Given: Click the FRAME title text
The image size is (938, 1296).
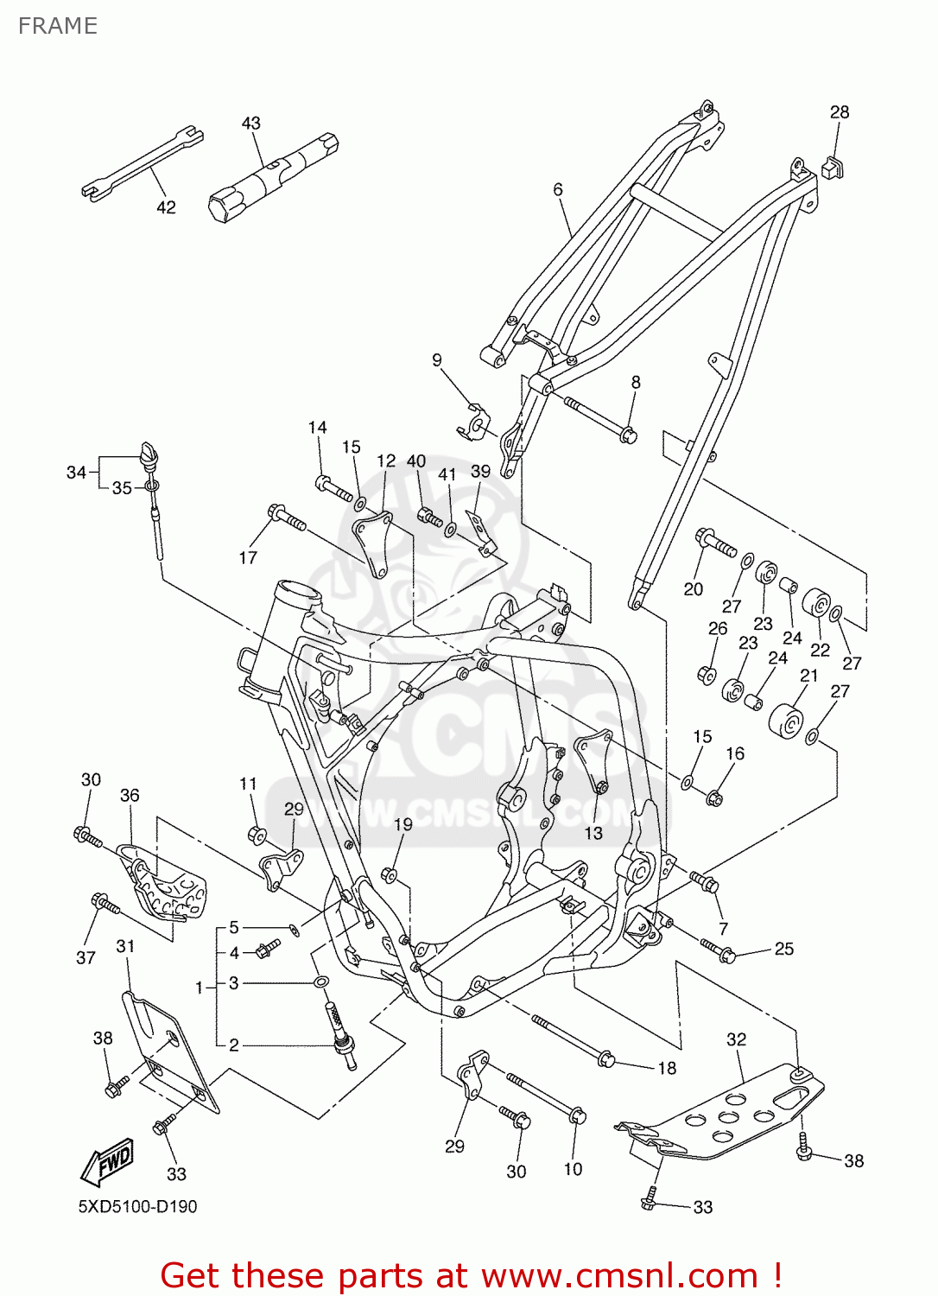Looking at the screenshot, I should click(57, 26).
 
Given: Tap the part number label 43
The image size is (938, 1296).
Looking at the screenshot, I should click(251, 124).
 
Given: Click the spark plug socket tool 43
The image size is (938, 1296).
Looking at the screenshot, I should click(272, 176).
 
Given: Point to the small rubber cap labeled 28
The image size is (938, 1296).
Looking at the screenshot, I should click(832, 166).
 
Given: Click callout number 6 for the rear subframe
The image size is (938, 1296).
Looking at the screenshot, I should click(558, 189).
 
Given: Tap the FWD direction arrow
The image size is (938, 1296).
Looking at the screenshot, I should click(107, 1162).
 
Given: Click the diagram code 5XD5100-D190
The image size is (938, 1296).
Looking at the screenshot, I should click(137, 1206).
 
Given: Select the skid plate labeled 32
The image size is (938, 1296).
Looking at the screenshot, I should click(726, 1110).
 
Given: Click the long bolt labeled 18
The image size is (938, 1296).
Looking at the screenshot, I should click(570, 1040).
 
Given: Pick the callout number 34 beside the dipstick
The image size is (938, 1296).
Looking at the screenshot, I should click(76, 472).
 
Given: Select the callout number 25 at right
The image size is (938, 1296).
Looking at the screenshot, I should click(783, 949).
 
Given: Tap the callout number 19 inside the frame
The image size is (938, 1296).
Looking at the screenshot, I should click(403, 824).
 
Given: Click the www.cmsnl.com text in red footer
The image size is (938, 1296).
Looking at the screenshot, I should click(618, 1276).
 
